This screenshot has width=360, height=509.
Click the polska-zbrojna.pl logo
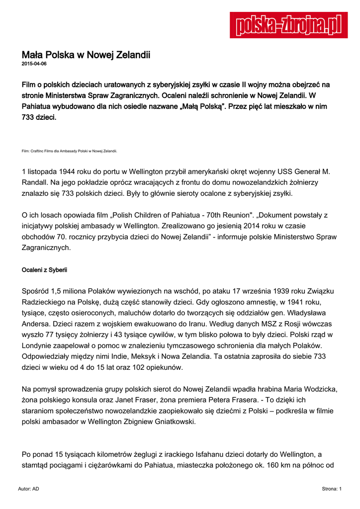coord(288,25)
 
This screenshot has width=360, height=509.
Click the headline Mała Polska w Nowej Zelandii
coord(86,55)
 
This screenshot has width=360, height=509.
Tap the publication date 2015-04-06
coord(34,64)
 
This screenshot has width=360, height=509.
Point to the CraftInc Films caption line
coord(70,150)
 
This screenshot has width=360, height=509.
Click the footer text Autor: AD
coord(28,489)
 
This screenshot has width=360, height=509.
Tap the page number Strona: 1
coord(332,489)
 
